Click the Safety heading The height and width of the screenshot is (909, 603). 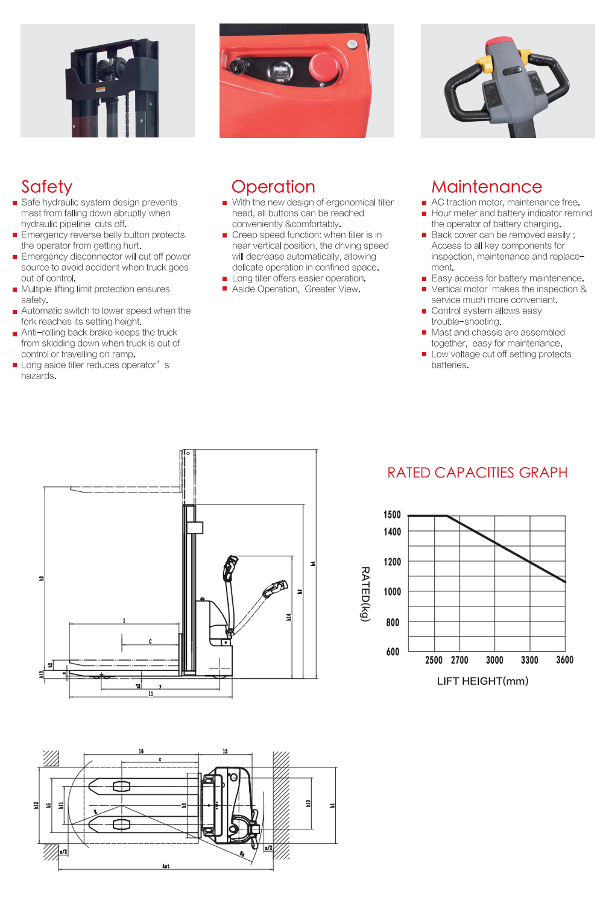46,187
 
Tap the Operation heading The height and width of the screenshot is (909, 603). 273,187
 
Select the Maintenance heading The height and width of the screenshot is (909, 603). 487,187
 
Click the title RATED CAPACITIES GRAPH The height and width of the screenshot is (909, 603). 477,473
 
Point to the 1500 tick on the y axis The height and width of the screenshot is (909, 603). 392,515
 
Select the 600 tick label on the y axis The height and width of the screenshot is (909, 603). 393,652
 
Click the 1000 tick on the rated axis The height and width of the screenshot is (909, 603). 392,592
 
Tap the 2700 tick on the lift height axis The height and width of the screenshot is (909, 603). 459,661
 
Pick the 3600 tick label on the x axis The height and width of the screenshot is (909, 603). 564,661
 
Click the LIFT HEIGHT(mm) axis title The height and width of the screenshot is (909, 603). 482,681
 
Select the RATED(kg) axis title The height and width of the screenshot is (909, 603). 365,594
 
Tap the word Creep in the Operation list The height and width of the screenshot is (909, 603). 245,235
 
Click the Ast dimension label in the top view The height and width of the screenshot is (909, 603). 166,866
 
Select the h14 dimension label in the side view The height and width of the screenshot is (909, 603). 289,617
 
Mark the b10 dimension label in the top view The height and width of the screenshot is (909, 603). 308,804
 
